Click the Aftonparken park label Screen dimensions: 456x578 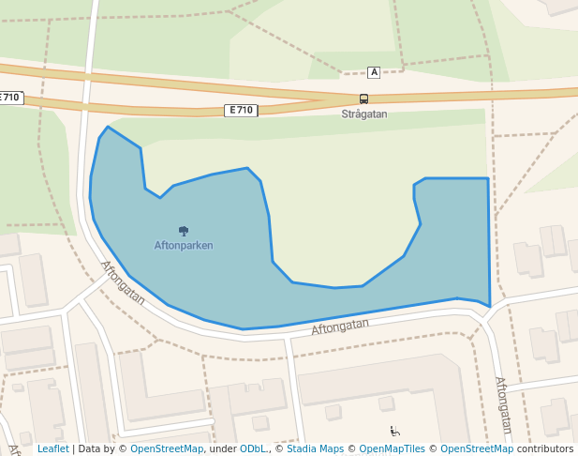(x=184, y=246)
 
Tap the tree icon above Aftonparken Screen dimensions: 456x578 (x=184, y=230)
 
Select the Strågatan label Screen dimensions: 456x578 (x=363, y=114)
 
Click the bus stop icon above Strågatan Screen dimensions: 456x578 (x=363, y=99)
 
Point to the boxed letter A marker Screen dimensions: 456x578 (x=374, y=72)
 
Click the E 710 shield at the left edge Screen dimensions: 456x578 (x=10, y=98)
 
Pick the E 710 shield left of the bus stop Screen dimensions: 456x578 (x=241, y=111)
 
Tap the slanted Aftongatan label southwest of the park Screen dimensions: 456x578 (x=123, y=282)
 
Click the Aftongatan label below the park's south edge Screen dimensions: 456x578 (x=340, y=327)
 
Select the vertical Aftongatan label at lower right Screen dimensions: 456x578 (x=502, y=406)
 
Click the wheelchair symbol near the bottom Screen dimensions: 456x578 (x=395, y=432)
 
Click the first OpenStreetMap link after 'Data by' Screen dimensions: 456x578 (x=167, y=449)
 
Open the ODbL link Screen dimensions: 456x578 (x=253, y=449)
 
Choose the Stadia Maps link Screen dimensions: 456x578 (x=315, y=449)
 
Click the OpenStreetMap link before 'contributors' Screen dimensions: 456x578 (x=477, y=449)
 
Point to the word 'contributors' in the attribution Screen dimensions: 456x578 (x=544, y=449)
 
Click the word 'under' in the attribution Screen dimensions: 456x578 (x=223, y=449)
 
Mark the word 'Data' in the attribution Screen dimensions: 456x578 (x=91, y=449)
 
